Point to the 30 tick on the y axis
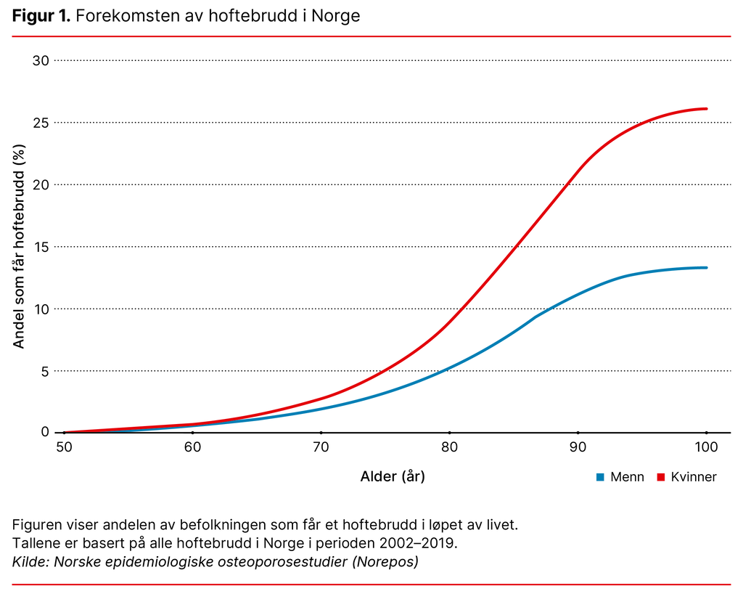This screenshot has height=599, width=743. coord(41,60)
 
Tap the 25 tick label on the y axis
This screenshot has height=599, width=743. coord(41,122)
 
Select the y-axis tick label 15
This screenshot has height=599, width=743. coord(41,247)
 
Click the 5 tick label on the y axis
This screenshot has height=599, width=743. coord(44,371)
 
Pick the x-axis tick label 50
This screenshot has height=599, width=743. coord(64,447)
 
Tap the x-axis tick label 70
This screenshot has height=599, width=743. coord(321,447)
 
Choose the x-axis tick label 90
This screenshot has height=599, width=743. coord(578,447)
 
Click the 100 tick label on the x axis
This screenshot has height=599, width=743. coord(706,447)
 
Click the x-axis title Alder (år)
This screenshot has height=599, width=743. coord(393,477)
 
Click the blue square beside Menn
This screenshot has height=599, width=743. coord(599,477)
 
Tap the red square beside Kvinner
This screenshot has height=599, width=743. coord(660,477)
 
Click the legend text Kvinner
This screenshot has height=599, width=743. coord(694,477)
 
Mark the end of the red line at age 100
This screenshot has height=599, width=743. coord(706,109)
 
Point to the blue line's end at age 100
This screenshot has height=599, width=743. coord(706,268)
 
